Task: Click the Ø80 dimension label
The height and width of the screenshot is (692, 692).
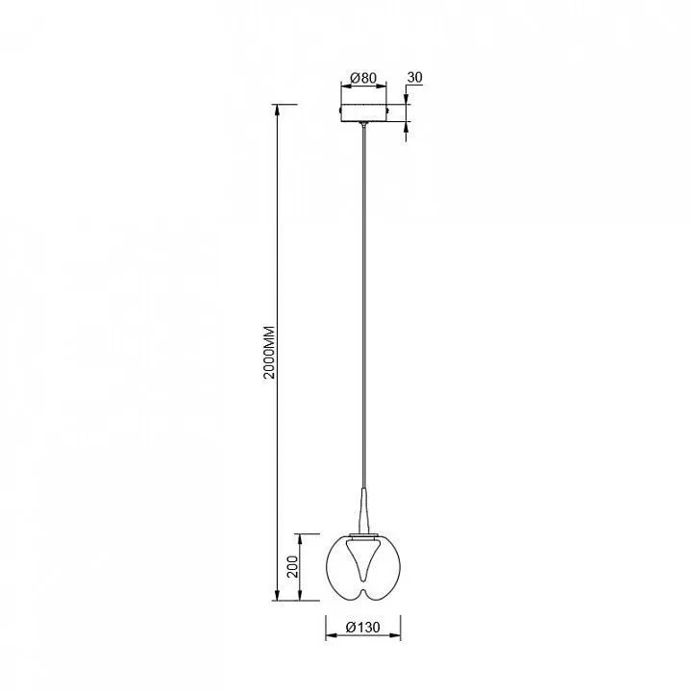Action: click(x=363, y=78)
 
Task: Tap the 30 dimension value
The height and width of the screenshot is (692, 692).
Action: click(x=415, y=77)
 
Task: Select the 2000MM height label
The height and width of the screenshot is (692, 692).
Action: click(x=269, y=353)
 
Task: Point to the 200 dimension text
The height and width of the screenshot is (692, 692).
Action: click(x=293, y=567)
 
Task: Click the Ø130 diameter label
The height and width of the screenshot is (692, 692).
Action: click(x=362, y=627)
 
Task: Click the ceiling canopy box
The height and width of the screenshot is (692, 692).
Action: click(x=363, y=112)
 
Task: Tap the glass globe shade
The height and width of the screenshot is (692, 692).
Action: click(x=363, y=568)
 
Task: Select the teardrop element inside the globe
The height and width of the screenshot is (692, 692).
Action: click(x=363, y=561)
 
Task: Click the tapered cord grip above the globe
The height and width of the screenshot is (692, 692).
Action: click(x=363, y=510)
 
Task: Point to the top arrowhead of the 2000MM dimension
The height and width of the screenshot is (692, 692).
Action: click(x=277, y=109)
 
